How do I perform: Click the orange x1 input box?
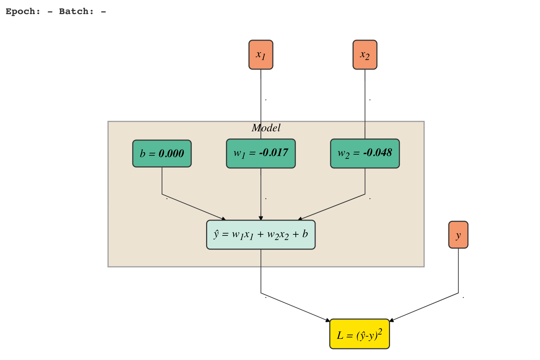261,55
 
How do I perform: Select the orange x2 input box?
365,55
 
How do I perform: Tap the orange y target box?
458,235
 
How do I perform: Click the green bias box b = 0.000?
162,154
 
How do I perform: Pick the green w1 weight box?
261,154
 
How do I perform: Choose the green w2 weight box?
365,154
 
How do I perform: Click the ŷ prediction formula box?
261,235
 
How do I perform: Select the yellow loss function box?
359,334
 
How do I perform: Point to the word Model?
266,128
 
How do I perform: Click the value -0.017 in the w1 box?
274,152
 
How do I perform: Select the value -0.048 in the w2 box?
378,152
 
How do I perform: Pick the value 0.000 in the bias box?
172,154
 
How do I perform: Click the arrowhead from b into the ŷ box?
224,219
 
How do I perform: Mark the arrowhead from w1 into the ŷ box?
261,218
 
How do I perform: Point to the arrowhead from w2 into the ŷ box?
300,218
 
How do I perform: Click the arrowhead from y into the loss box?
392,320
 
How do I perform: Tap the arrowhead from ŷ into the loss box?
328,320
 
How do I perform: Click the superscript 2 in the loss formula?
380,332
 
